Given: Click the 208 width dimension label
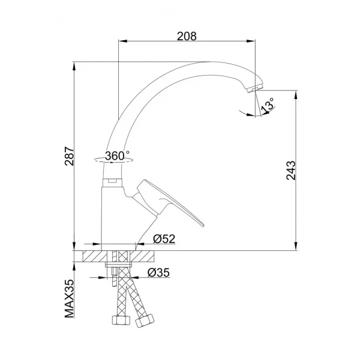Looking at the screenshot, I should [187, 35].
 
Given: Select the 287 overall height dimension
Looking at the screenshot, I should [70, 157].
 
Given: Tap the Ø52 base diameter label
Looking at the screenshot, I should [163, 239].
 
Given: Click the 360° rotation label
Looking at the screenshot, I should [116, 155].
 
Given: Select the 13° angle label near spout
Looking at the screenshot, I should [268, 105].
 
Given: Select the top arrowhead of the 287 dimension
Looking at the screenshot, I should [74, 63].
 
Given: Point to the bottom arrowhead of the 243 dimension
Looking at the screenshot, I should [295, 247].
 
